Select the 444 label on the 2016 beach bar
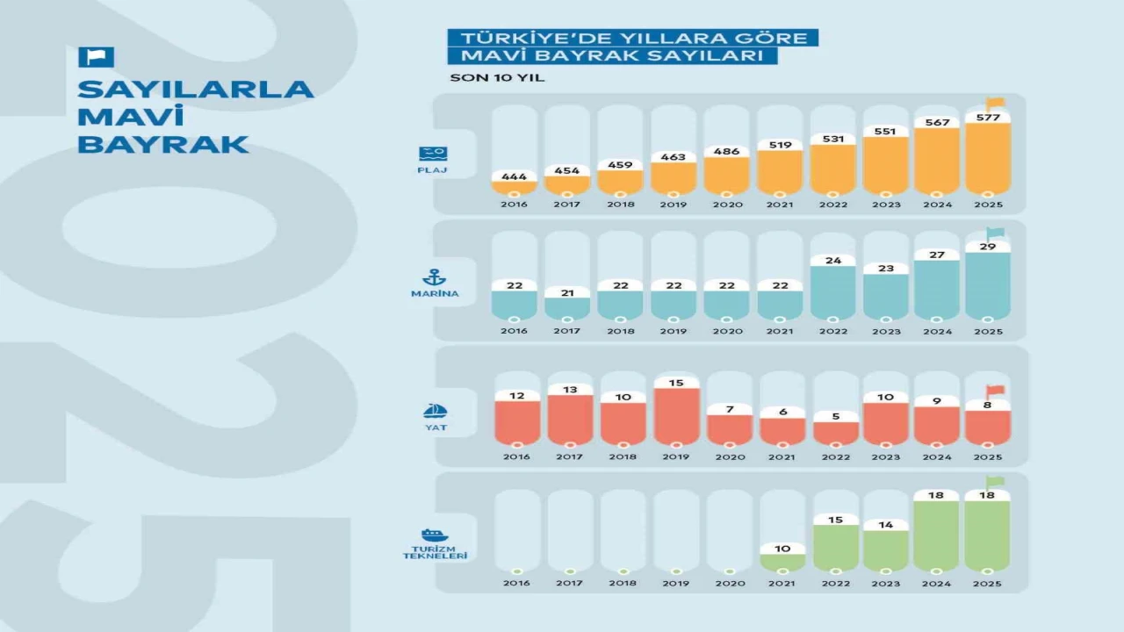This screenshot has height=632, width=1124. tap(514, 176)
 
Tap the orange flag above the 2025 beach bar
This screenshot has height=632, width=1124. tap(995, 103)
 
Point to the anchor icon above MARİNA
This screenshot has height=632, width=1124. tap(434, 277)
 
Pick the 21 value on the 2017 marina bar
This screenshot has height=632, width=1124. tap(566, 291)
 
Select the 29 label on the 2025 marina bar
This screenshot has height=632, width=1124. tap(988, 247)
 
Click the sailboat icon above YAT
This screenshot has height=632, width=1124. tap(435, 411)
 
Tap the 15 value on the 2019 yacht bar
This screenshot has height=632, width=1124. tap(676, 383)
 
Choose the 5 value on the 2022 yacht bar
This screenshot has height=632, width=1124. tap(834, 416)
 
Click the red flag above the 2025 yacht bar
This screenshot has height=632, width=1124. tap(995, 391)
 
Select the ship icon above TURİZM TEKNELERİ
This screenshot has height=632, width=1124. tap(434, 535)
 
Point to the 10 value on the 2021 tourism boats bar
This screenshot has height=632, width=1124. tap(782, 549)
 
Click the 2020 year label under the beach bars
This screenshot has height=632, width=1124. tap(729, 205)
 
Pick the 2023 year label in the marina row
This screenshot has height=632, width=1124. tap(886, 331)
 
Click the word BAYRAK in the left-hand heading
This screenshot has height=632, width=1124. tap(162, 144)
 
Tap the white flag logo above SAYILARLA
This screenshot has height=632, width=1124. tap(96, 57)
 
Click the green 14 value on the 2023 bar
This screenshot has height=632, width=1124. tap(886, 525)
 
